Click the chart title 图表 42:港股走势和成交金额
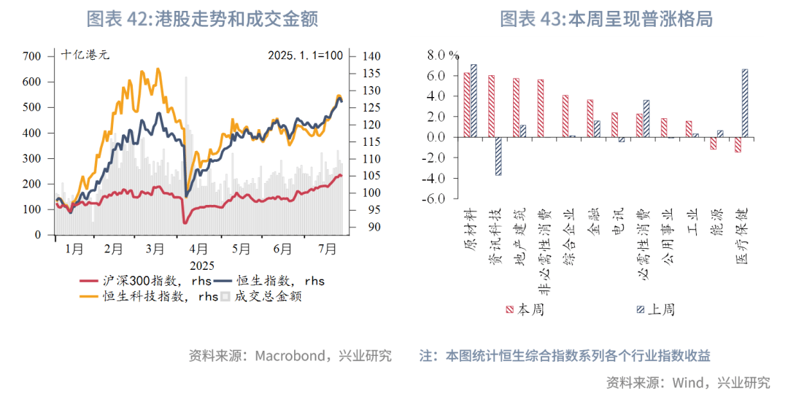coord(202,19)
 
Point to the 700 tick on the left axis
coord(33,56)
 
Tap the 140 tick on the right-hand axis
coord(371,56)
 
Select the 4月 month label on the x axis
coord(198,249)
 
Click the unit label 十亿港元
coord(85,55)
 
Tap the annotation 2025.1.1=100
coord(305,55)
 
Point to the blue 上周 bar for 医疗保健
coord(744,103)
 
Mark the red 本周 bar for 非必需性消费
coord(541,108)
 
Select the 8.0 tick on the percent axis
coord(435,55)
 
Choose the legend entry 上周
coord(653,309)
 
